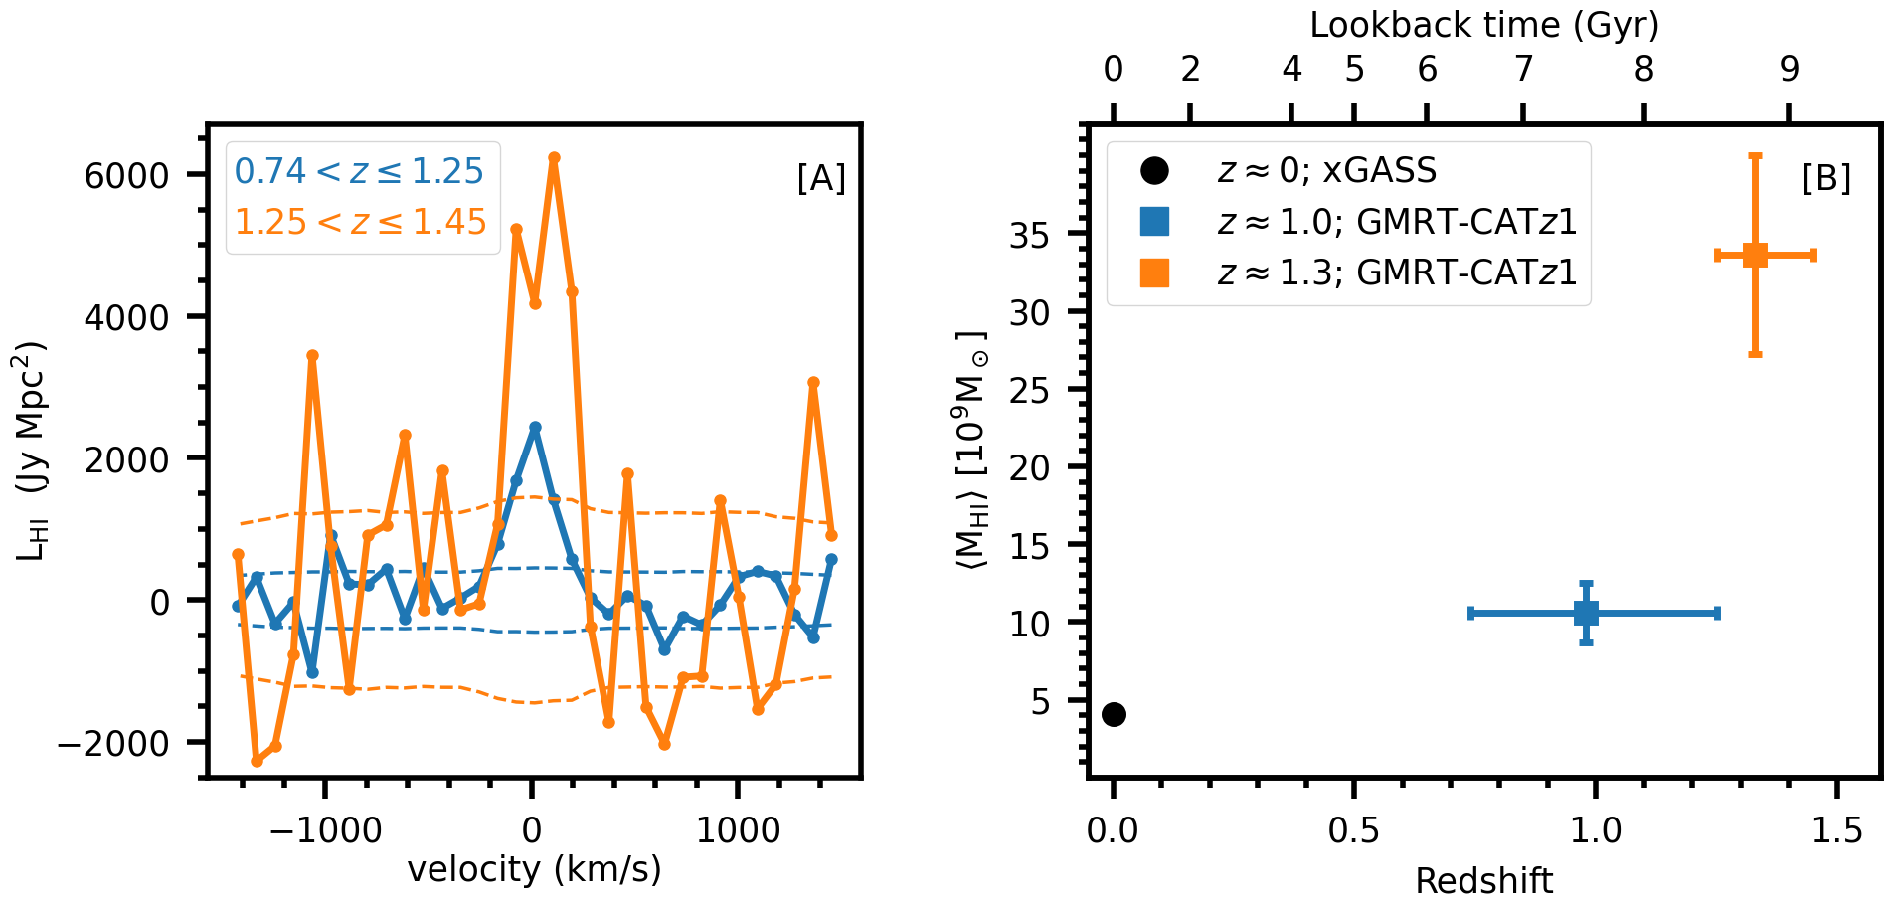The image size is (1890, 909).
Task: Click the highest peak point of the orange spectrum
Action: (554, 158)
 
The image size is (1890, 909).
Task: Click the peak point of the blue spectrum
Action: (535, 427)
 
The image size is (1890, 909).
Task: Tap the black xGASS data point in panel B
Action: (1114, 714)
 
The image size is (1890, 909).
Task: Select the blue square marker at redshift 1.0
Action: (1587, 613)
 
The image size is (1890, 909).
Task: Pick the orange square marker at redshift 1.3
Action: (1755, 256)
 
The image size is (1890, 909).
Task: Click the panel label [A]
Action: (821, 179)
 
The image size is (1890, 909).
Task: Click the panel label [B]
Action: (1826, 179)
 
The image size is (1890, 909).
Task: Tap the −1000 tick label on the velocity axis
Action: (326, 829)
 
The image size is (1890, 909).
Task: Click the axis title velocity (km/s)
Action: (534, 870)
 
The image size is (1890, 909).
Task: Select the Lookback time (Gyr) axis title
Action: (1484, 25)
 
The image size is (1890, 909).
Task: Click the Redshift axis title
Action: (1483, 881)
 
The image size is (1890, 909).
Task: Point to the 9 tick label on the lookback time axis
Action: (1789, 69)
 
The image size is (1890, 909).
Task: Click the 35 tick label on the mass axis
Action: (1030, 236)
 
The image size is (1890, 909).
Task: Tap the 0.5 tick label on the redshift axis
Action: (1353, 829)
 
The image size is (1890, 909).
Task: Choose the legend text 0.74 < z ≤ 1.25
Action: (359, 171)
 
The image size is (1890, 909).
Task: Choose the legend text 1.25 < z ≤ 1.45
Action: (361, 222)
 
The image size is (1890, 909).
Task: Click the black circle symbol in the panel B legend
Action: (1154, 170)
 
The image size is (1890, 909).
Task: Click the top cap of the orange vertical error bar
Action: (1755, 156)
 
